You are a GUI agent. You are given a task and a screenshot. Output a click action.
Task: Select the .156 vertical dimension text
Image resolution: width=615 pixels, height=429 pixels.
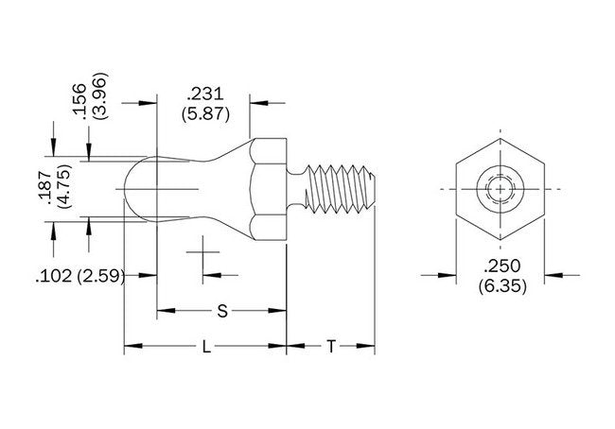pos(79,99)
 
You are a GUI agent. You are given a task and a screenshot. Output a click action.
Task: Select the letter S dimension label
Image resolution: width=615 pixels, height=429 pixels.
pos(221,310)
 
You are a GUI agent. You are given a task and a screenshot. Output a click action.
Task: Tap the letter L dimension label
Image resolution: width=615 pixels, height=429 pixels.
pos(205,347)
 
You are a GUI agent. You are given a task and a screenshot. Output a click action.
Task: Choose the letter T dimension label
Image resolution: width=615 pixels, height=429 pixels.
pos(330,347)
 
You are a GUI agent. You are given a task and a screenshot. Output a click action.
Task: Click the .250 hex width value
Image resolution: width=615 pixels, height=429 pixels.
pos(499,266)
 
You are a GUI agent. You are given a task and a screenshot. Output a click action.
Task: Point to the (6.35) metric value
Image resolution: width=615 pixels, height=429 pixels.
pos(499,284)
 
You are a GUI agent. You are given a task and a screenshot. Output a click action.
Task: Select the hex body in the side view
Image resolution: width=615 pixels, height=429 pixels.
pos(267,190)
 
